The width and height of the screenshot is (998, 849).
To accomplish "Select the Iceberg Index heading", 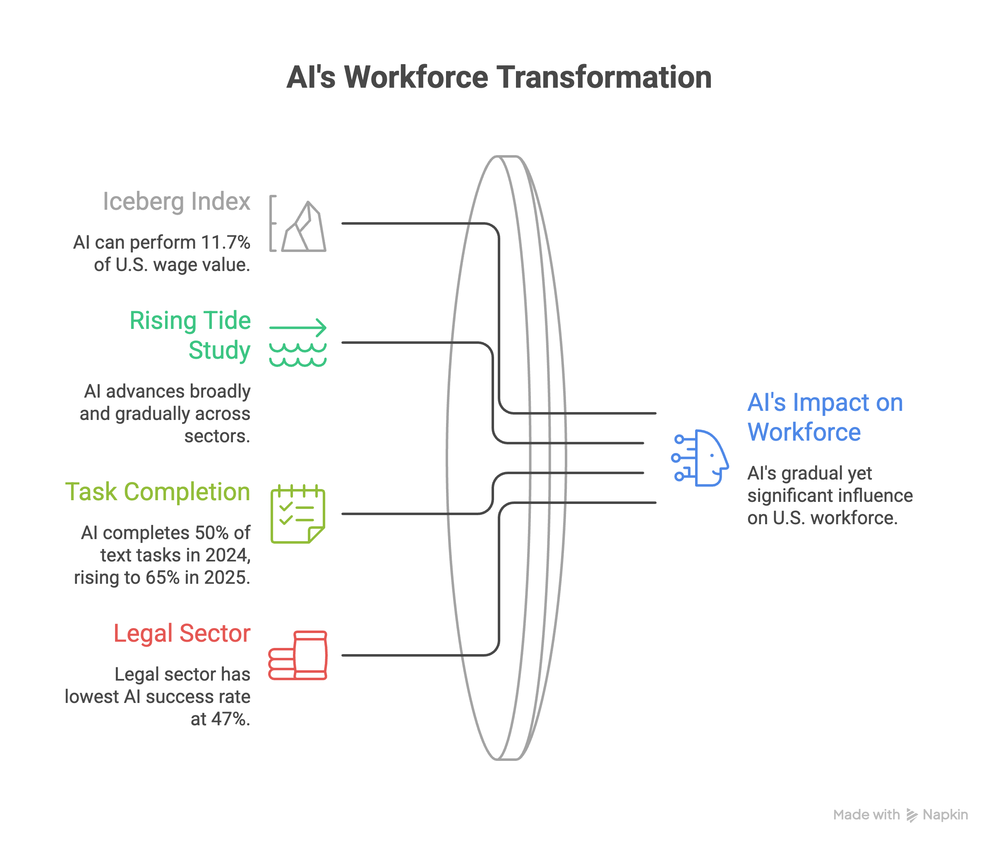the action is pyautogui.click(x=177, y=201).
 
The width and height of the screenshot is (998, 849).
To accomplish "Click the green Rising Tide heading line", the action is pyautogui.click(x=190, y=321).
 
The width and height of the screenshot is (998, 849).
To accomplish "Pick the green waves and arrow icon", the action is pyautogui.click(x=298, y=342).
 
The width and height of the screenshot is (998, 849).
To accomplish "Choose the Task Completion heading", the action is pyautogui.click(x=158, y=492).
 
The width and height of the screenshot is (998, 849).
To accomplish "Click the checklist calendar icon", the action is pyautogui.click(x=298, y=513).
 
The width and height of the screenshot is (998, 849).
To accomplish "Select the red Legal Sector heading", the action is pyautogui.click(x=182, y=633).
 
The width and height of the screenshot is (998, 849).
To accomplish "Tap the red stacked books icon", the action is pyautogui.click(x=298, y=655).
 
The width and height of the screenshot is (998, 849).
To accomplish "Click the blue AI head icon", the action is pyautogui.click(x=700, y=458).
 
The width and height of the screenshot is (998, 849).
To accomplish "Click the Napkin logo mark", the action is pyautogui.click(x=912, y=815).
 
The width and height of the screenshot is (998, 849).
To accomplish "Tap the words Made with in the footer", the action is pyautogui.click(x=866, y=815).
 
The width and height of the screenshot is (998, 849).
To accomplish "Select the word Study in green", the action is pyautogui.click(x=219, y=350).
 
